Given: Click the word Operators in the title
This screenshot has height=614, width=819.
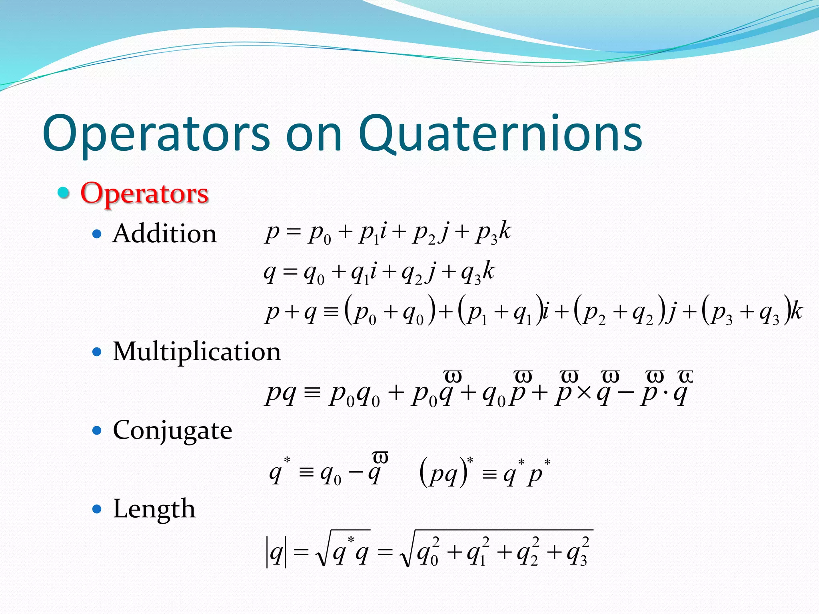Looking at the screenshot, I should (x=156, y=134).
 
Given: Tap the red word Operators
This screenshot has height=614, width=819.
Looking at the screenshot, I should (x=144, y=193).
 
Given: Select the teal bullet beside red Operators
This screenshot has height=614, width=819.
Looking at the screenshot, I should (x=63, y=193).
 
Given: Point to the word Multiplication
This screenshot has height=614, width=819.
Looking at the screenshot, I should (x=197, y=352).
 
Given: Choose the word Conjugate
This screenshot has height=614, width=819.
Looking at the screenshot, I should (x=172, y=431).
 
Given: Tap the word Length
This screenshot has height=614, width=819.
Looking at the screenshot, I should (x=154, y=509).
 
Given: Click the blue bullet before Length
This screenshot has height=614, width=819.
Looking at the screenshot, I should (x=97, y=509).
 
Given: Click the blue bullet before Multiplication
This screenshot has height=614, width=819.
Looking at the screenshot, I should (x=97, y=352).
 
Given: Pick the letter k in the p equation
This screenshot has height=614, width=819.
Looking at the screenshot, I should (x=505, y=231).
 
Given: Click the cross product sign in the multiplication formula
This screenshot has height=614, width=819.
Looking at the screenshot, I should (x=584, y=393).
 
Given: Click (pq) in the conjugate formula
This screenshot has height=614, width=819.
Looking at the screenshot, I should (x=444, y=474).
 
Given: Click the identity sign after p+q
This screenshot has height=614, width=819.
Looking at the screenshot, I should (x=331, y=312).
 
